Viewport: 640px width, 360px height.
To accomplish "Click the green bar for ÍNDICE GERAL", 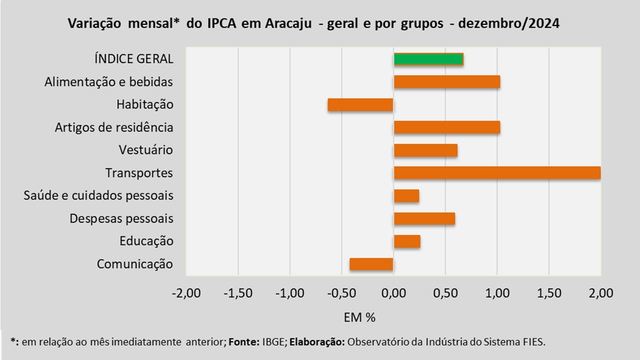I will click(x=428, y=59).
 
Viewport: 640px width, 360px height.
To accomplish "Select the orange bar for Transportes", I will click(x=497, y=173).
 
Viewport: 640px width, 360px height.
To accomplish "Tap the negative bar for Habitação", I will click(x=360, y=105).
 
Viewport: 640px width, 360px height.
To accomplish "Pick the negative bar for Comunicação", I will click(x=371, y=264).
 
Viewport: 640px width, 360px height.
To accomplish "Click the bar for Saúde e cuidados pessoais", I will click(x=406, y=196).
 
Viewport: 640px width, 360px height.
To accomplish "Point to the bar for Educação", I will click(x=407, y=241).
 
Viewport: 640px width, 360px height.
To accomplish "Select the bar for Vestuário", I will click(x=425, y=150).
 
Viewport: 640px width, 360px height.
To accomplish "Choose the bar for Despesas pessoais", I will click(x=424, y=219).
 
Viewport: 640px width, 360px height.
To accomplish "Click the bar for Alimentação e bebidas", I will click(x=447, y=82).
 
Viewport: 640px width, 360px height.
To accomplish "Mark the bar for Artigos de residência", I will click(x=447, y=127).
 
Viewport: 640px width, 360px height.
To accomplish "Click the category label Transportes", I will click(x=139, y=173).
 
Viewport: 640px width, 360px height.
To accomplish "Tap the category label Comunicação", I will click(x=135, y=264).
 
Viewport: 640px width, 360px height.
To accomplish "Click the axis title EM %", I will click(x=359, y=317).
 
